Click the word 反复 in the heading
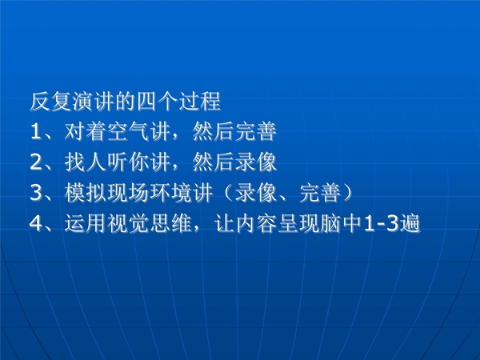[51, 102]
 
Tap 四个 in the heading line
[158, 102]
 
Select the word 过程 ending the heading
[200, 102]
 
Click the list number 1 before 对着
[36, 132]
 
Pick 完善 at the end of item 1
[256, 132]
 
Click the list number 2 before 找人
[36, 162]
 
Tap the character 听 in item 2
[118, 162]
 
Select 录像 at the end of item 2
[256, 162]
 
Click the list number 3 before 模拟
[36, 193]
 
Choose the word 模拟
[86, 193]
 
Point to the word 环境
[171, 193]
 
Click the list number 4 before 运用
[36, 224]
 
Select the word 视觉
[128, 224]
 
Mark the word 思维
[171, 224]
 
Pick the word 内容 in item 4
[256, 224]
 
